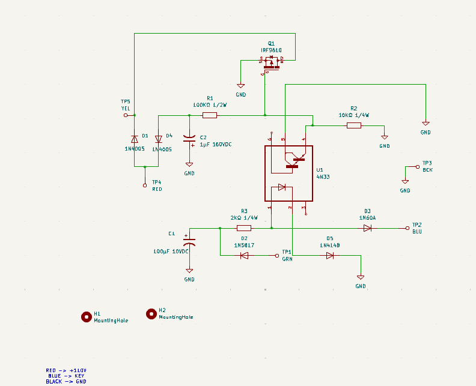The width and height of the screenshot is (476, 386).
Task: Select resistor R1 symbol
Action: (x=210, y=115)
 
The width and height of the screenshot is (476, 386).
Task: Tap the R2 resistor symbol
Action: (x=354, y=125)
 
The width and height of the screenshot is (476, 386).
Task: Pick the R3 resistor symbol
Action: (x=244, y=228)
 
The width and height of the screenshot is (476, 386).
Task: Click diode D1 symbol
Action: (x=134, y=139)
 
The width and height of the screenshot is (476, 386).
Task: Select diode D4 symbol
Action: (x=159, y=139)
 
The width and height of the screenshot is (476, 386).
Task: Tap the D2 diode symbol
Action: (x=244, y=255)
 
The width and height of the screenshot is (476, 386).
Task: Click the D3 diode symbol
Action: (x=367, y=228)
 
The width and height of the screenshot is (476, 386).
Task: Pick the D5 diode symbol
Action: (x=330, y=255)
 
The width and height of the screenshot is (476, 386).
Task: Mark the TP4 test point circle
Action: (x=145, y=185)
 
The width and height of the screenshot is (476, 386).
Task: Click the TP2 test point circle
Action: (x=407, y=228)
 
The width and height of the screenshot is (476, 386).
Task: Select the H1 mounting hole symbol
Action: (x=86, y=317)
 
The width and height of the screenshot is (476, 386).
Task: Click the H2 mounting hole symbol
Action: (x=151, y=313)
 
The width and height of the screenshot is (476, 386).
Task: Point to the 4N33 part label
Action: (x=323, y=177)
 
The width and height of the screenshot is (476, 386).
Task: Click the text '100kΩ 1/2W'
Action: (x=210, y=104)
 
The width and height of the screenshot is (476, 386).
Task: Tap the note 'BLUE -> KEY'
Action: (x=66, y=376)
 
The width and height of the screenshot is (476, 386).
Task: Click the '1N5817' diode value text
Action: (x=244, y=246)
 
